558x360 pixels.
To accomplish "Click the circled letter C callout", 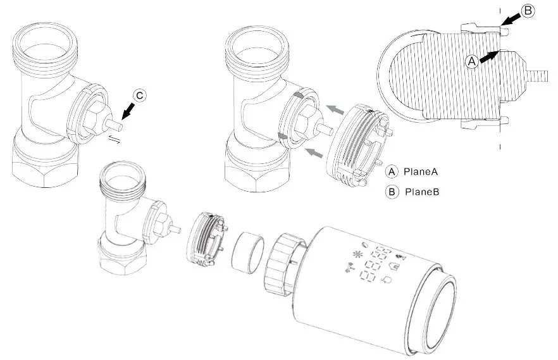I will click(140, 96).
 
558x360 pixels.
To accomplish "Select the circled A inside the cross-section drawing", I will click(471, 61).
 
